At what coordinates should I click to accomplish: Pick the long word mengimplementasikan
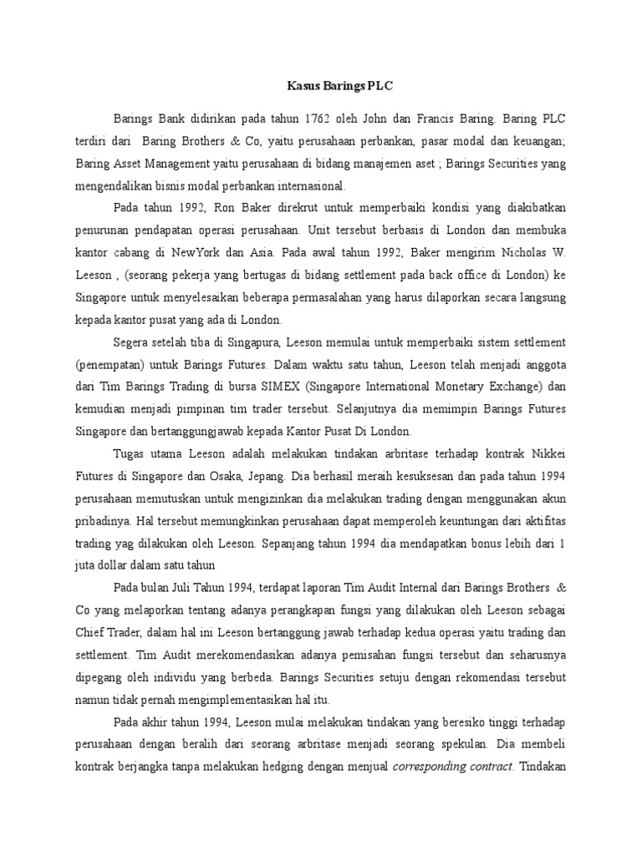click(x=237, y=699)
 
